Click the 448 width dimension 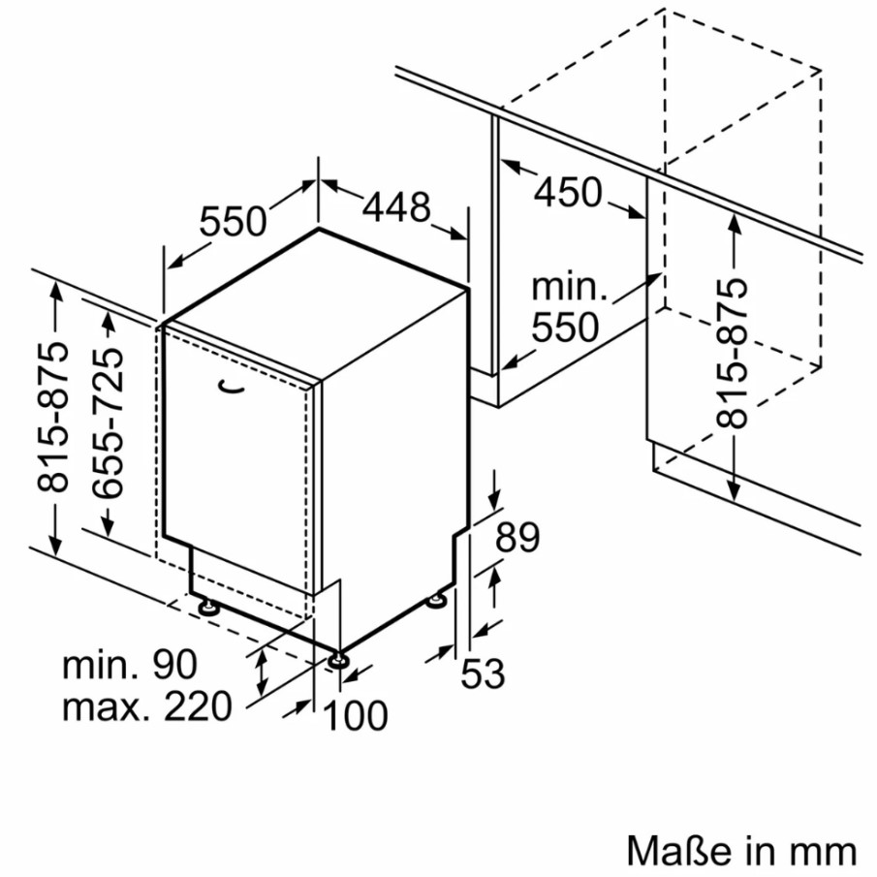396,207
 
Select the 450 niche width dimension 568,192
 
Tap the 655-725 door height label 108,423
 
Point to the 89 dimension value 517,538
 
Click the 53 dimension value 483,673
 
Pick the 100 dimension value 356,715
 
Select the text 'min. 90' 129,665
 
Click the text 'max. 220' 146,706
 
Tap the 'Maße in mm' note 741,851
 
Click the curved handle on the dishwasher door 232,387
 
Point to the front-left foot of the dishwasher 208,608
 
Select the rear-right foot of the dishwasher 437,601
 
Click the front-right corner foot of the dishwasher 338,660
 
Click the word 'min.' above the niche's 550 569,288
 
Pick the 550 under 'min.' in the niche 565,328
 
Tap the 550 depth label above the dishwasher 233,221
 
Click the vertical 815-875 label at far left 52,418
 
